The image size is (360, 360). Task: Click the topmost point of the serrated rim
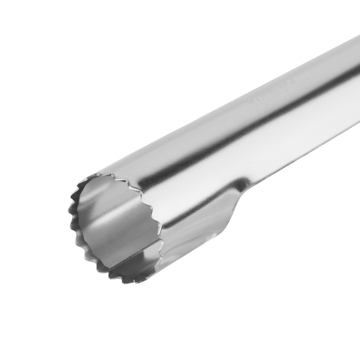[x=106, y=174]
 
